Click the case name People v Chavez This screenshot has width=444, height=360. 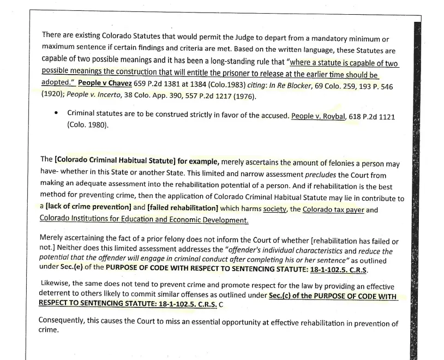[x=105, y=83]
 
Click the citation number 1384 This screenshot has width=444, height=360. [x=211, y=83]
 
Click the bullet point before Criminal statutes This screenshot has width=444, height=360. [x=56, y=113]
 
